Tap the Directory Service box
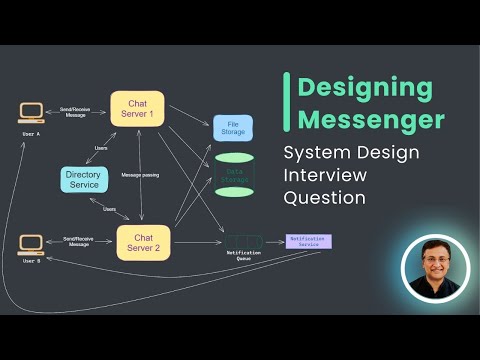click(83, 180)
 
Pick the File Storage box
click(233, 127)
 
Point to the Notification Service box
click(308, 241)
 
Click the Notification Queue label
click(243, 257)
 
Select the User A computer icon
click(31, 115)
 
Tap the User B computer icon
click(31, 245)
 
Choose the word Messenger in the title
click(369, 121)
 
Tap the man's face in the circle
click(434, 264)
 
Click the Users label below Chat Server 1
click(101, 148)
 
